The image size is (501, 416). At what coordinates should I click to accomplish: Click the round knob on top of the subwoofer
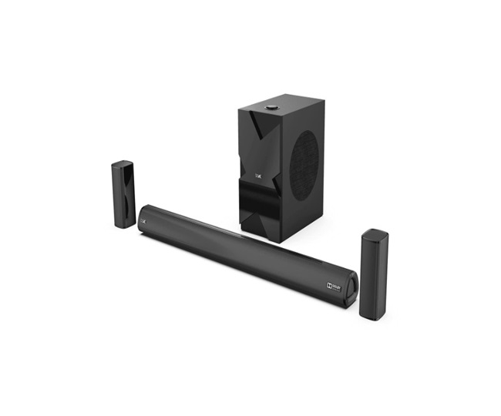pos(272,108)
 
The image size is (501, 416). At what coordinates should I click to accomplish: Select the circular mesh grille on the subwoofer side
pos(305,164)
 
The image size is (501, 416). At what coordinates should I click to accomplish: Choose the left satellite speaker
pos(123,194)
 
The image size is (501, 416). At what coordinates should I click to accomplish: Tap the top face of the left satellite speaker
pos(123,164)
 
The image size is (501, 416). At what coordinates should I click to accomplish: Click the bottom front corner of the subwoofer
pos(279,239)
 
